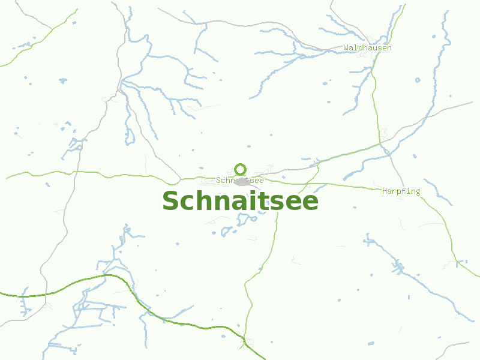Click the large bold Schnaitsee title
tap(240, 202)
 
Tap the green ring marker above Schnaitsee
tap(241, 169)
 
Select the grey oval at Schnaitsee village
tap(242, 182)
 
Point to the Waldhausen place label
tap(367, 47)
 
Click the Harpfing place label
tap(401, 191)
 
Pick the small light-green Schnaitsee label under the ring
tap(239, 180)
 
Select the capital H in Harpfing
tap(385, 191)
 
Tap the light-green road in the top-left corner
tap(36, 40)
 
